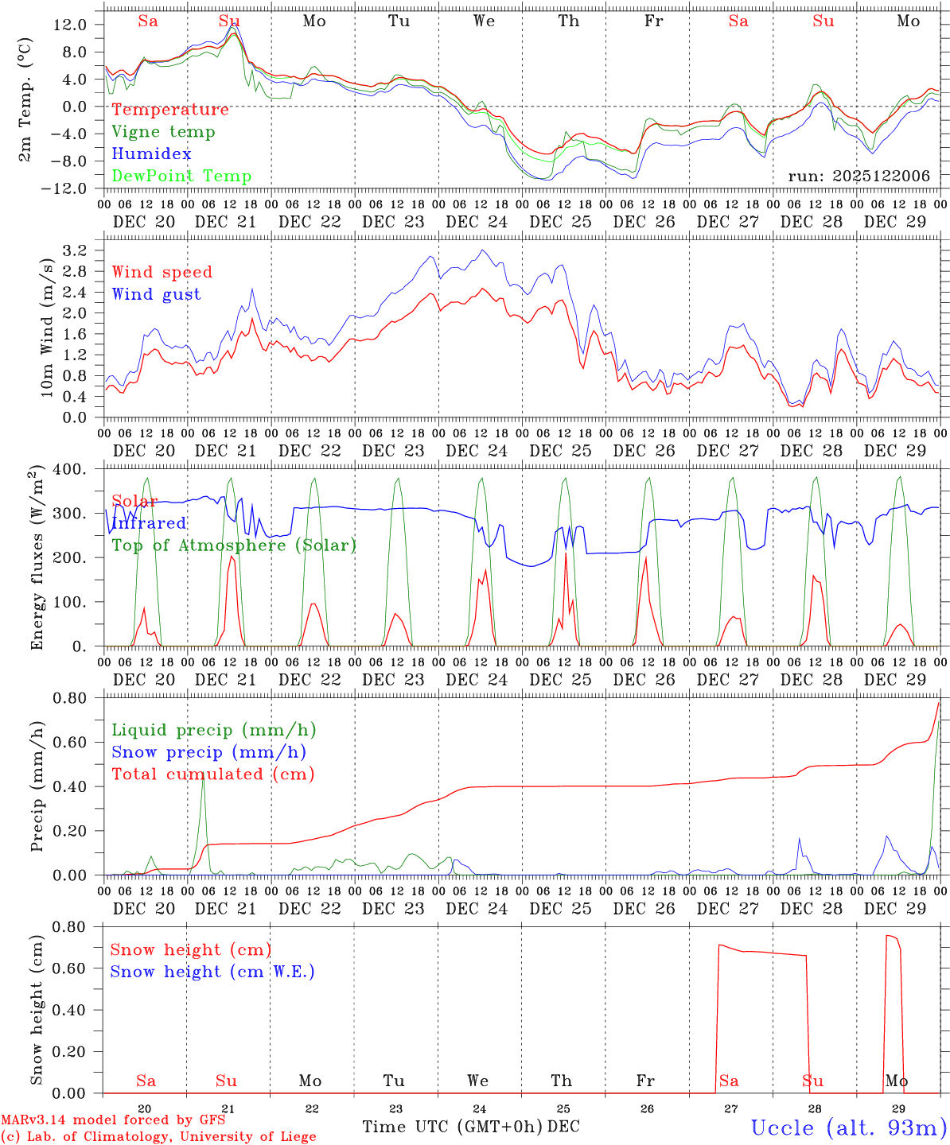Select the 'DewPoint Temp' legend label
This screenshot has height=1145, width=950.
[181, 176]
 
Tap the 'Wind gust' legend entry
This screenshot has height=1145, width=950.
[157, 294]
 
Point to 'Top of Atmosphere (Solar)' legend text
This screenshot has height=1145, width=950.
[234, 545]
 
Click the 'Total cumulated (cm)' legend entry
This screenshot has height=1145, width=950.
[213, 774]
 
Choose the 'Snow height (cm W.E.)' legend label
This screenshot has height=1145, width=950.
[212, 972]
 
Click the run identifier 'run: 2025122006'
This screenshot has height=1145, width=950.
[859, 176]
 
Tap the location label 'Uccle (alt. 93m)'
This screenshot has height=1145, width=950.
[849, 1128]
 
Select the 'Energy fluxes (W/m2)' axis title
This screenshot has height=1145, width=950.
[37, 559]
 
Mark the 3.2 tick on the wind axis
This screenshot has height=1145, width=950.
[76, 250]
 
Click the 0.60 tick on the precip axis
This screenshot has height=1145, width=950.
[70, 743]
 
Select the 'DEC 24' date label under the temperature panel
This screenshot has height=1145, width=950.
[477, 222]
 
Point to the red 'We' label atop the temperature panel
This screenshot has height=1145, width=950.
[485, 21]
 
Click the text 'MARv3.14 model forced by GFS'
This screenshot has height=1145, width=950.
[113, 1120]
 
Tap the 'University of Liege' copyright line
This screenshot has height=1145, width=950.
[159, 1136]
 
